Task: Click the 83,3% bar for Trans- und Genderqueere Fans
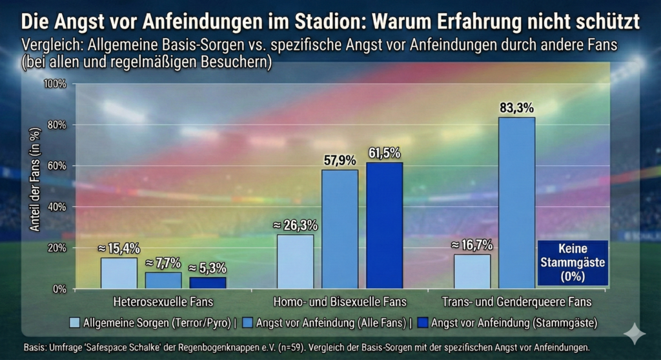pyautogui.click(x=516, y=203)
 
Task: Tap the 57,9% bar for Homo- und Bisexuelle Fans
pyautogui.click(x=340, y=228)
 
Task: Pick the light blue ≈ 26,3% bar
pyautogui.click(x=295, y=261)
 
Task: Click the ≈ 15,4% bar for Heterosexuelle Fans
pyautogui.click(x=119, y=272)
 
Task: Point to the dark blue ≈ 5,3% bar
pyautogui.click(x=207, y=282)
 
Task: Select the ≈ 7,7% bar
pyautogui.click(x=163, y=280)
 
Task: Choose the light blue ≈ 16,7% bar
pyautogui.click(x=472, y=271)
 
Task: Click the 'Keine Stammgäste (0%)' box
pyautogui.click(x=573, y=262)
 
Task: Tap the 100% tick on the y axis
pyautogui.click(x=55, y=84)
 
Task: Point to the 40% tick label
pyautogui.click(x=57, y=207)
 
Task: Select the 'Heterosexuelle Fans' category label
pyautogui.click(x=163, y=301)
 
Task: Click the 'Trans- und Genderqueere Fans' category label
pyautogui.click(x=516, y=301)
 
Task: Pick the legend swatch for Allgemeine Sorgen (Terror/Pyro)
pyautogui.click(x=75, y=321)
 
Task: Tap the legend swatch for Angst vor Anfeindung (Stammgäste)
pyautogui.click(x=423, y=321)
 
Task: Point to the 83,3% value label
pyautogui.click(x=516, y=108)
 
